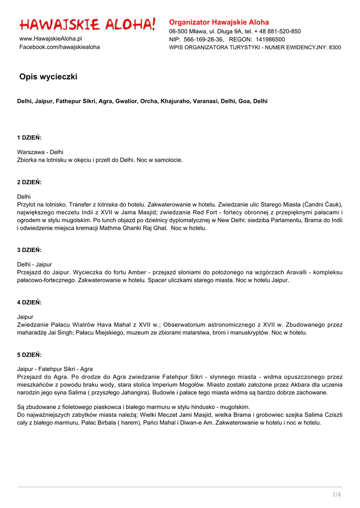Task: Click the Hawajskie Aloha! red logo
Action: click(x=87, y=24)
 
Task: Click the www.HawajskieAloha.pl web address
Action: click(x=51, y=39)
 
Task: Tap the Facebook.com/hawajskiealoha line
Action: click(x=59, y=47)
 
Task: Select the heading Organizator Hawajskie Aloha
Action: click(x=219, y=22)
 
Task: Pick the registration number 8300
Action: click(x=335, y=48)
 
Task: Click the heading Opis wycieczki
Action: click(x=48, y=77)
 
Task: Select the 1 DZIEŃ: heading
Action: click(x=29, y=137)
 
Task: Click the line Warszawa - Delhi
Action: click(x=40, y=152)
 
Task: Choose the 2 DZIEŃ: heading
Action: click(x=29, y=182)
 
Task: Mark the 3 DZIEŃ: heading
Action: click(x=29, y=250)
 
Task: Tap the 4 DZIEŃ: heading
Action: click(x=29, y=302)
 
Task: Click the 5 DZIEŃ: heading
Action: click(x=29, y=355)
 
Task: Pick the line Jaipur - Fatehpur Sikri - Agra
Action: click(x=55, y=369)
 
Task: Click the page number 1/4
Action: click(x=337, y=495)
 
